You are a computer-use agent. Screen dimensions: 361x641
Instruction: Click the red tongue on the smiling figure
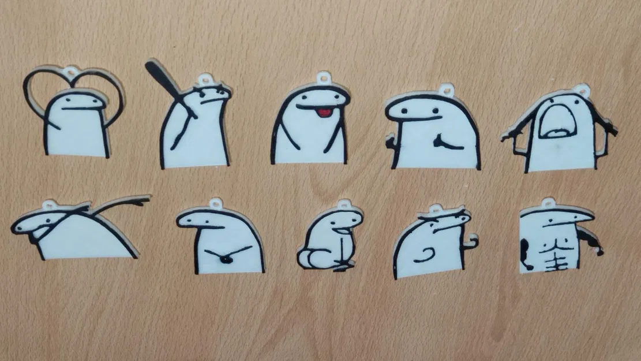(325, 111)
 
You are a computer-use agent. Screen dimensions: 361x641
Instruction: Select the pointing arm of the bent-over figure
(124, 203)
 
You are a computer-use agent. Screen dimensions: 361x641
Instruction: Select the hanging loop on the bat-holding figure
(205, 80)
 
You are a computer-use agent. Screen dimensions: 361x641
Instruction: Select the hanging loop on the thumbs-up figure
(446, 90)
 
